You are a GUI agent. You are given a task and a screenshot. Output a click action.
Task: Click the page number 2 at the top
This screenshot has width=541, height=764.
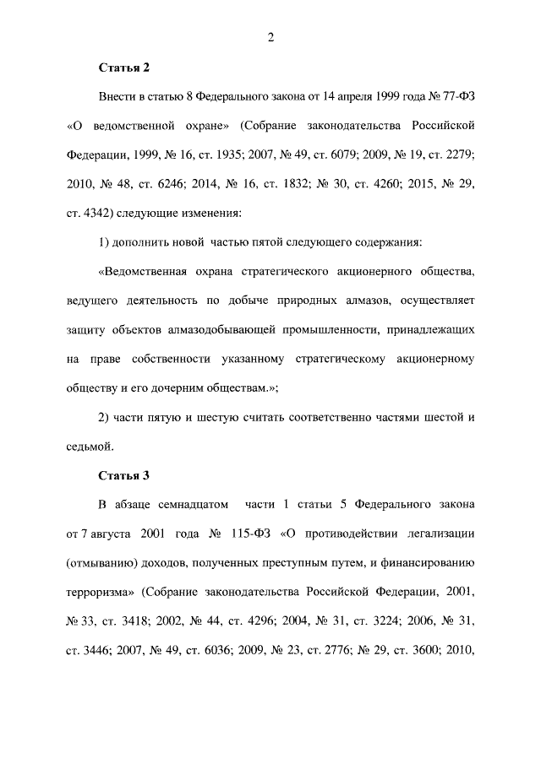[270, 37]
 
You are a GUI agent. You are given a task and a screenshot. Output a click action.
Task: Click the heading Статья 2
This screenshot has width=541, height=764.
[123, 67]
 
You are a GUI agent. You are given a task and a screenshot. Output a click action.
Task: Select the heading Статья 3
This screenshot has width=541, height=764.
[123, 474]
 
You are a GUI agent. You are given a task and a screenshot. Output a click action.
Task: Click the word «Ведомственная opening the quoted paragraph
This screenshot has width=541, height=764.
[148, 272]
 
